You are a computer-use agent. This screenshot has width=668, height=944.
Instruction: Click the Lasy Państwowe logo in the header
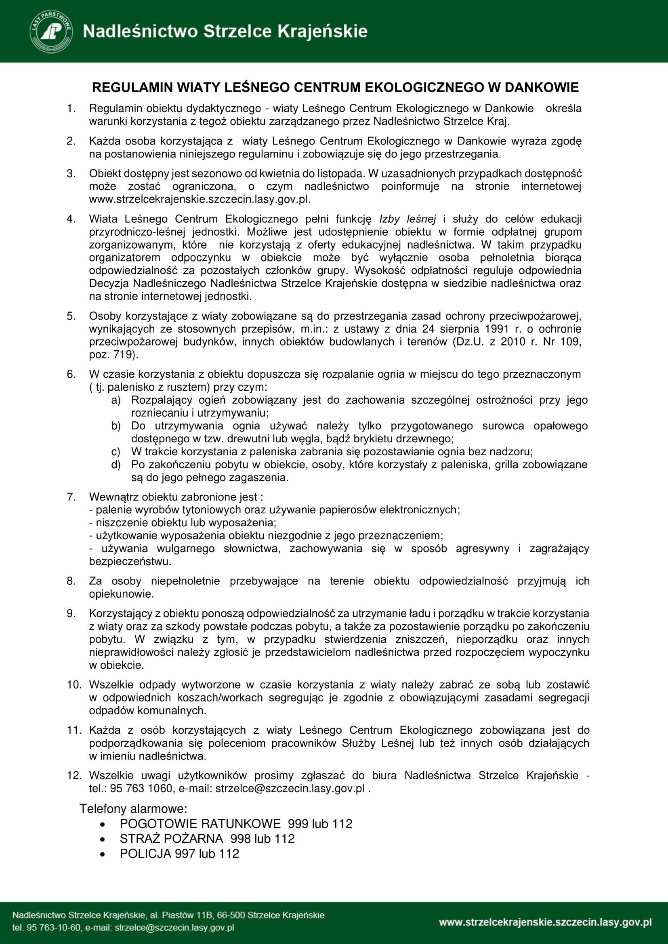coord(51,31)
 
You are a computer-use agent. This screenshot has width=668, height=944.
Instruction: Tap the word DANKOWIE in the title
coord(541,88)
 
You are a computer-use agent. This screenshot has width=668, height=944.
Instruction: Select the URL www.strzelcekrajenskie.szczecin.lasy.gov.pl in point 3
coord(200,199)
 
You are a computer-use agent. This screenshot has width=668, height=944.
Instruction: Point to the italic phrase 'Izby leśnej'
coord(407,219)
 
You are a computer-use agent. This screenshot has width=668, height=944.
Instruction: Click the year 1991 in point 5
coord(497,329)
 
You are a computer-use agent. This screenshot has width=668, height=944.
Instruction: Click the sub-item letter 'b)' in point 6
coord(116,426)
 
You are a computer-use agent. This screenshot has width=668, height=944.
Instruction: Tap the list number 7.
coord(71,497)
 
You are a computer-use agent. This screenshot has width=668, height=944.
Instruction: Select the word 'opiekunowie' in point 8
coord(121,594)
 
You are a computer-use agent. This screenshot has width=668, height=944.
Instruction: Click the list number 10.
coord(74,684)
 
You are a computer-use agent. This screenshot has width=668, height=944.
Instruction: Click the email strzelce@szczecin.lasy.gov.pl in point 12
coord(290,789)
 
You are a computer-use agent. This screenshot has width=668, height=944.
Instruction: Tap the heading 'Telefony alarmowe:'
coord(133,809)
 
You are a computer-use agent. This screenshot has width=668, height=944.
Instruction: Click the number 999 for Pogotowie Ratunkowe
coord(298,824)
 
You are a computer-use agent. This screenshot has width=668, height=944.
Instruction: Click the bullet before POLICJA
coord(103,854)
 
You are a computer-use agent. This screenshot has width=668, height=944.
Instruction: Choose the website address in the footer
coord(545,922)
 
